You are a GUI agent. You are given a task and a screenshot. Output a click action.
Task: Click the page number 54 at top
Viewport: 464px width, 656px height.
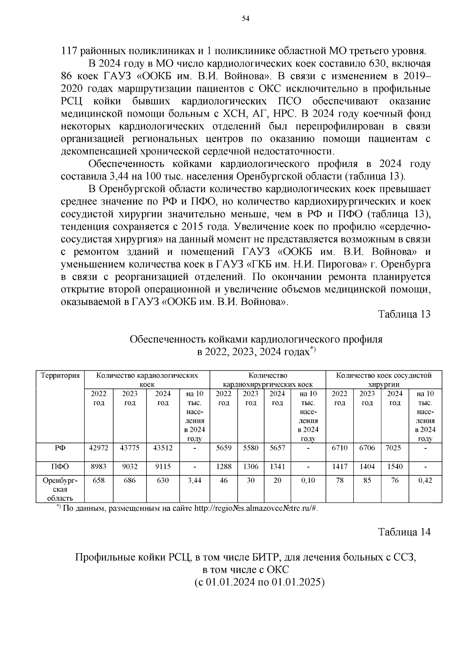[x=246, y=18]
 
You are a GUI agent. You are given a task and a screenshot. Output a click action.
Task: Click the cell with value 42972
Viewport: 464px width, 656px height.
[x=99, y=448]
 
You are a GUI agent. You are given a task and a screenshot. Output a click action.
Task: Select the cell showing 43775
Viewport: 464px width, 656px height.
[x=130, y=448]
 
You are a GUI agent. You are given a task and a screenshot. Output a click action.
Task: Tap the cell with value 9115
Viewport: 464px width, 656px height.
[x=163, y=467]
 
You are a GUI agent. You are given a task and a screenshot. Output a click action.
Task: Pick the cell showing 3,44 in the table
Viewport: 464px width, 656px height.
[x=195, y=480]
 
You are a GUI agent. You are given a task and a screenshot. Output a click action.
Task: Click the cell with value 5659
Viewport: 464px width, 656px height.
[x=223, y=448]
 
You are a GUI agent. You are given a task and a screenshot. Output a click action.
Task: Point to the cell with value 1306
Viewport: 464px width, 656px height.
[x=251, y=467]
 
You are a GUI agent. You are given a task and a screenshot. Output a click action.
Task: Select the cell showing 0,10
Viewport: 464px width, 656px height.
[x=308, y=480]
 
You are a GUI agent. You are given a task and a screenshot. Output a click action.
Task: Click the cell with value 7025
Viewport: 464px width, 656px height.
[x=394, y=448]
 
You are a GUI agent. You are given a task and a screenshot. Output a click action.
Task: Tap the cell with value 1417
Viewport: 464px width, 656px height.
[x=340, y=467]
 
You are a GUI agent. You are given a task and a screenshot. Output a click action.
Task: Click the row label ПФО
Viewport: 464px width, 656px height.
[x=60, y=467]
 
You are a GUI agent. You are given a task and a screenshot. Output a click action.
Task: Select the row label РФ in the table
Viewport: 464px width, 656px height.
[x=60, y=448]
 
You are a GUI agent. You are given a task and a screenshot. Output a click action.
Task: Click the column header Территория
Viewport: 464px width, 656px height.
[x=60, y=375]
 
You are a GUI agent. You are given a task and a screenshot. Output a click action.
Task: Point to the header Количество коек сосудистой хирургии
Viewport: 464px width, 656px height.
[x=384, y=380]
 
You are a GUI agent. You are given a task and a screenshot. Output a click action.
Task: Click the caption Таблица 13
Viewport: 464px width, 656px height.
[x=404, y=314]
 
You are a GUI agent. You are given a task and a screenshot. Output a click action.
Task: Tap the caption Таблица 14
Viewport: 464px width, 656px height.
[x=404, y=532]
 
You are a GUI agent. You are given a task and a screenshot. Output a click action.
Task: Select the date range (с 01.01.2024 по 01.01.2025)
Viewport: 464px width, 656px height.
[x=259, y=582]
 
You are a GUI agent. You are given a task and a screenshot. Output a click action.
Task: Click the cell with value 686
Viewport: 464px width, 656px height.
[x=130, y=480]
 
